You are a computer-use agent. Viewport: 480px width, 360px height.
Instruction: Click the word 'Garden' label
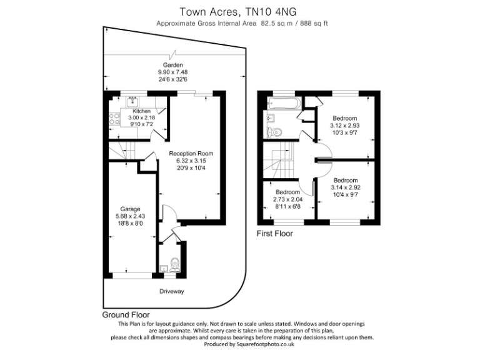172,65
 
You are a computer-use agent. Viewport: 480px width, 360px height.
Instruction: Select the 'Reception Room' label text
191,153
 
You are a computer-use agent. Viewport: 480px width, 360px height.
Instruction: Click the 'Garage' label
131,209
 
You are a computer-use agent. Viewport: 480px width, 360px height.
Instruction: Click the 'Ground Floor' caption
126,315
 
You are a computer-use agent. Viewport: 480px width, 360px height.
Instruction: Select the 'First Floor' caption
275,234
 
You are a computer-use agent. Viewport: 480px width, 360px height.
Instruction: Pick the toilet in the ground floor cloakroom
176,264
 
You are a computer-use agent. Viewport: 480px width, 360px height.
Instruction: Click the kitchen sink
132,99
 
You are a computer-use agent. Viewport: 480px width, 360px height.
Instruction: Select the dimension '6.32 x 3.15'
191,161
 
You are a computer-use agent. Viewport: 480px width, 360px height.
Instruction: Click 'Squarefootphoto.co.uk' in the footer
265,344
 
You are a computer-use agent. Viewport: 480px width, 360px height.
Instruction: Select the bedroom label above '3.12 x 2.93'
344,118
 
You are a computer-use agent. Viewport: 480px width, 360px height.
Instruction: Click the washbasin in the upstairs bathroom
272,117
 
